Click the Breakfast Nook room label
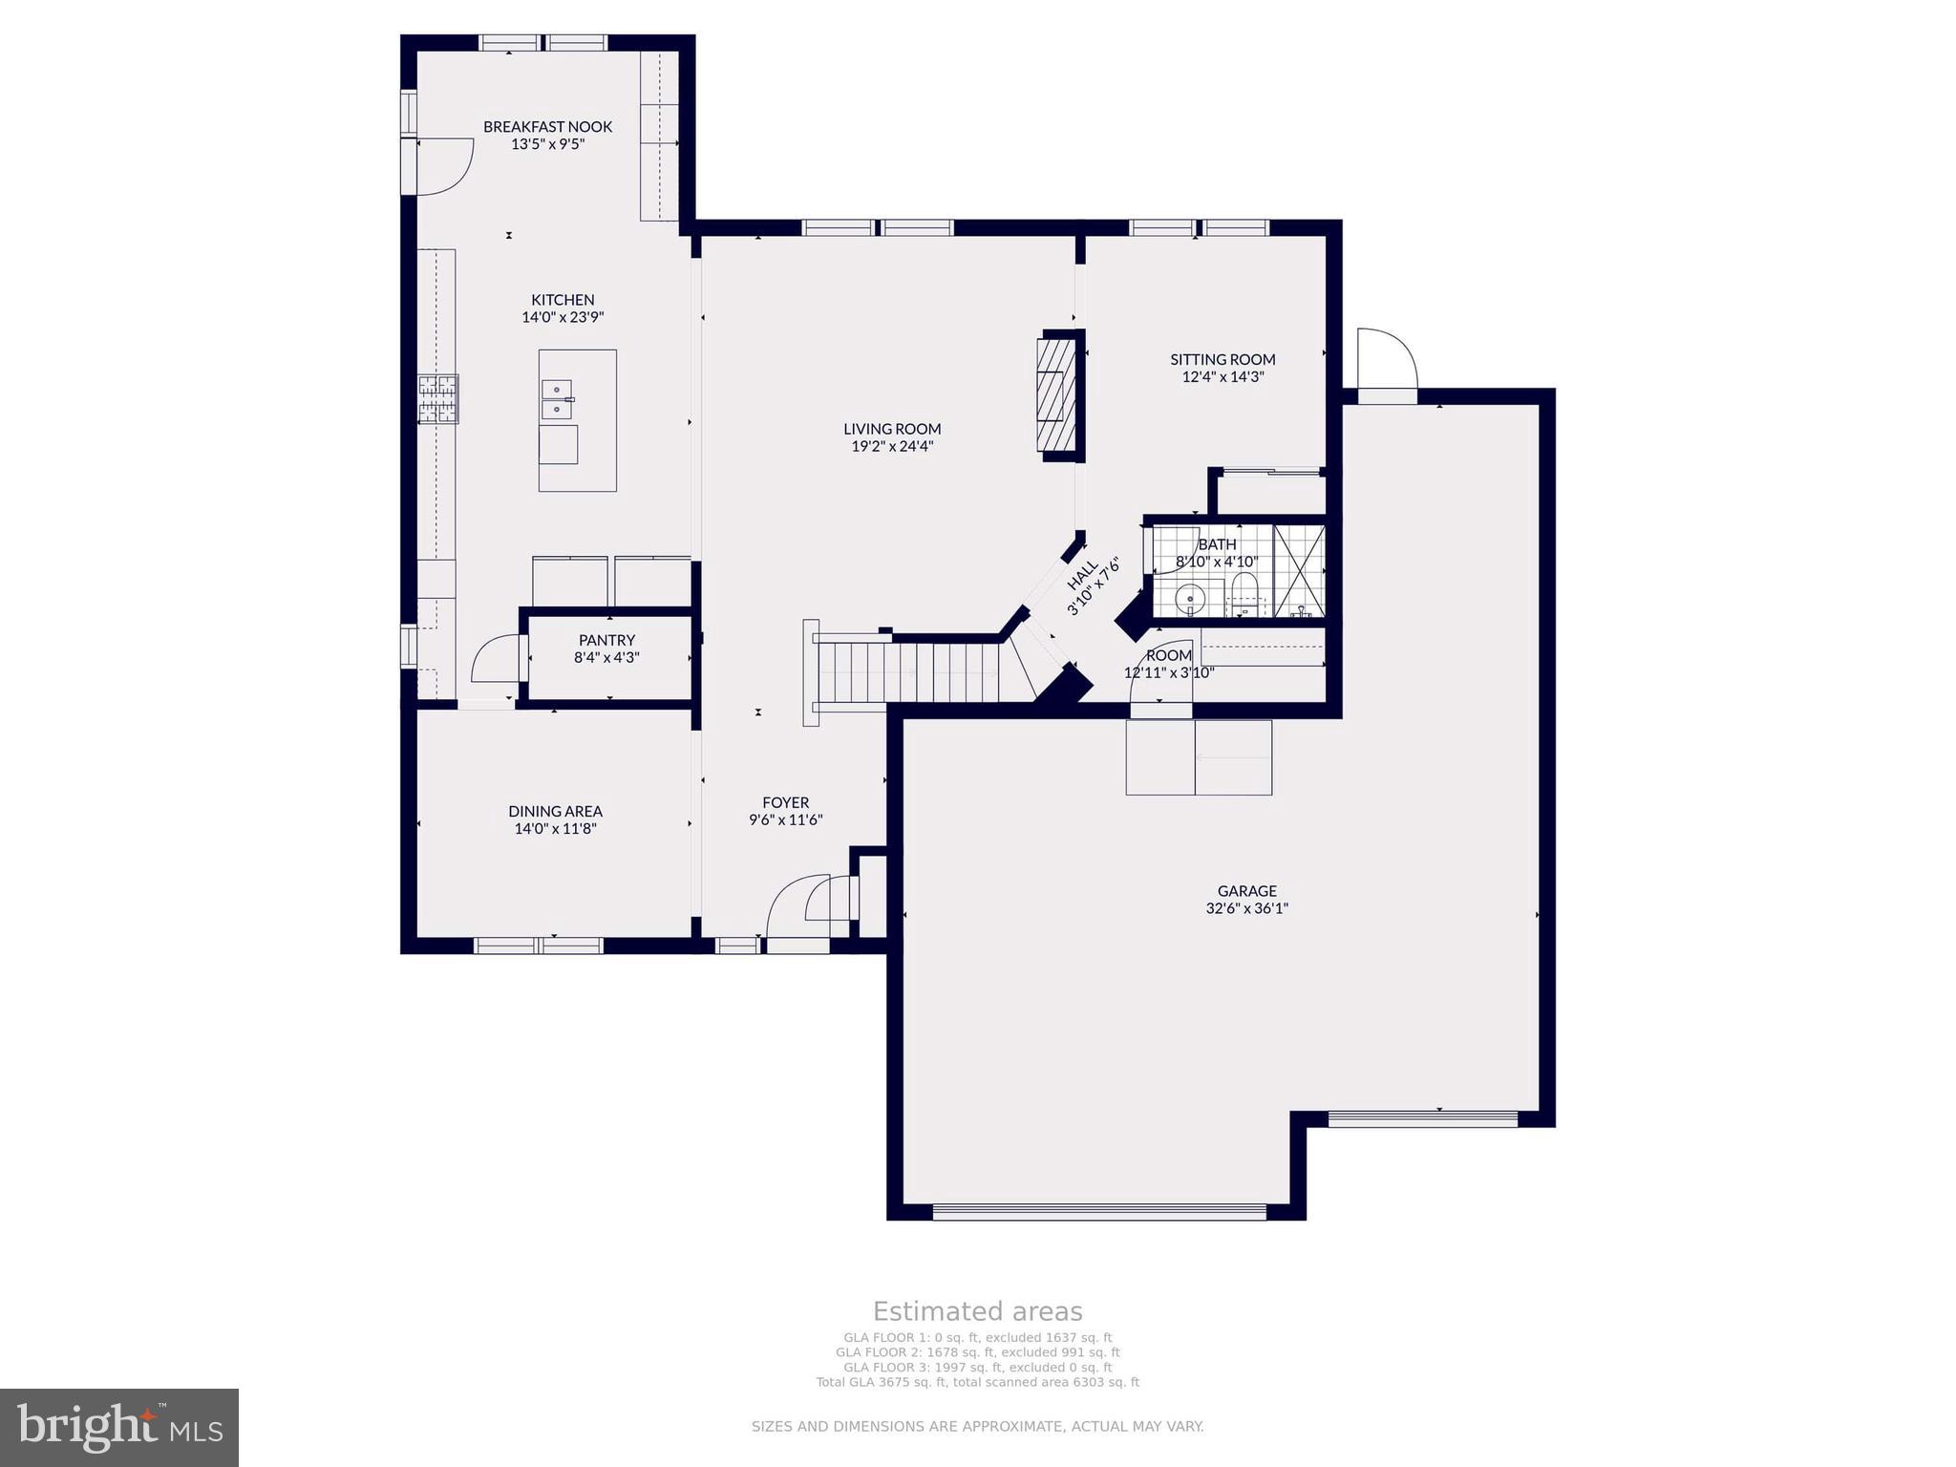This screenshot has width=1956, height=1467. coord(547,126)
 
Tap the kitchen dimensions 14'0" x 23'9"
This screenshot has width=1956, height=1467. coord(563,317)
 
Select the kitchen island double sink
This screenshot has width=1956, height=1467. coord(557,399)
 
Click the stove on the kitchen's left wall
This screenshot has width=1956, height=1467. coord(437,398)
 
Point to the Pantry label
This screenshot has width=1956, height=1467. coord(606,640)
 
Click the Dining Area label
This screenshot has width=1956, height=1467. coord(555,812)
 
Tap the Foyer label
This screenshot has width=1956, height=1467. coord(785,802)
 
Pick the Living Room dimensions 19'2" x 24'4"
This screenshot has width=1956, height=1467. coord(892,446)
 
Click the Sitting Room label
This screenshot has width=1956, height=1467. coord(1222,359)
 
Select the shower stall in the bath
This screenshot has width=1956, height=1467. coord(1300,571)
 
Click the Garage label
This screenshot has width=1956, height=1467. coord(1246,891)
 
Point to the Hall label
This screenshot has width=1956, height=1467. coord(1082,576)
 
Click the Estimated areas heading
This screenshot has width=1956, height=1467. coord(977,1311)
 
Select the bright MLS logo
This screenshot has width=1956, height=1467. coord(119,1428)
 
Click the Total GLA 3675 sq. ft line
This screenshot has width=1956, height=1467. coord(977,1382)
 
